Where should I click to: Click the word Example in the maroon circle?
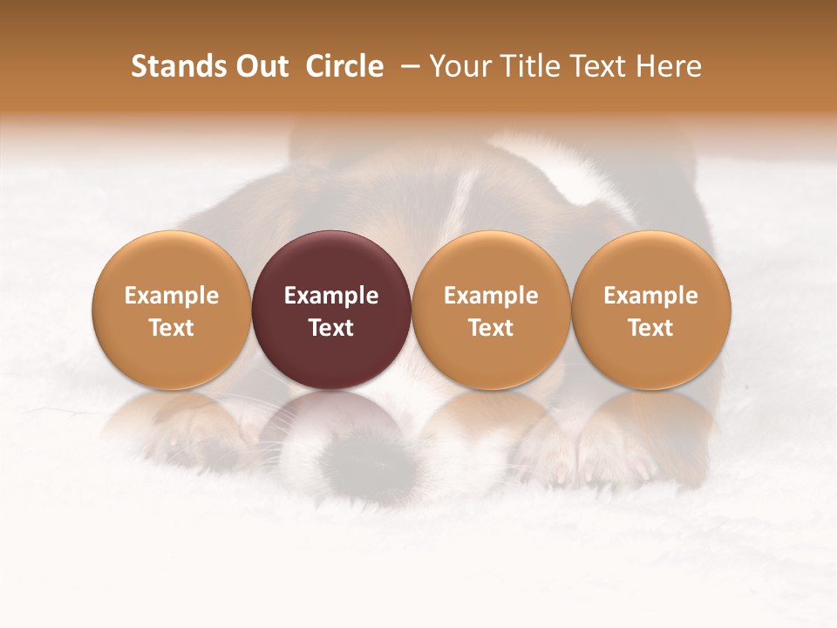[x=331, y=296]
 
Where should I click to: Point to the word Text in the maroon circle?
[x=331, y=328]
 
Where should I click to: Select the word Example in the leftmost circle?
[x=172, y=296]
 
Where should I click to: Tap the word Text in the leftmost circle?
[x=172, y=328]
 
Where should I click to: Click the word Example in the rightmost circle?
[x=651, y=296]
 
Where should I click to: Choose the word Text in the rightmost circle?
[x=651, y=328]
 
